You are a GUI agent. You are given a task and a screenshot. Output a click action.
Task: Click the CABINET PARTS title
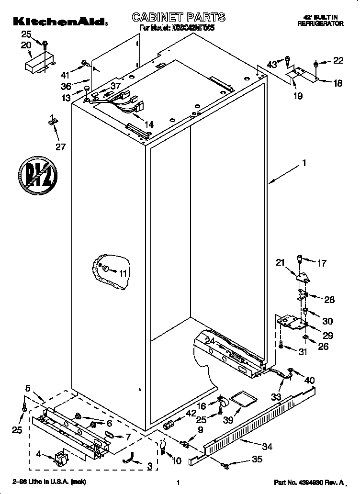(x=179, y=17)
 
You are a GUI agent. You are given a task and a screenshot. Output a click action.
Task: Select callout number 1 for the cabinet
(x=303, y=163)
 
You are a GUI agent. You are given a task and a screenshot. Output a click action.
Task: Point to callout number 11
(x=124, y=273)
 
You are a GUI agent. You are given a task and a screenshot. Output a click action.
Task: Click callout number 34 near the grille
(x=267, y=447)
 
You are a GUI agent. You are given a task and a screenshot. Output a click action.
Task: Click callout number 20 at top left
(x=26, y=45)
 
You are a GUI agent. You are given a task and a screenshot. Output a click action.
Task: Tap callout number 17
(x=322, y=263)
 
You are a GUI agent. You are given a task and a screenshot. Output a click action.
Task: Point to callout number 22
(x=338, y=60)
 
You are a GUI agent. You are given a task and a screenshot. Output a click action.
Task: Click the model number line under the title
(x=177, y=28)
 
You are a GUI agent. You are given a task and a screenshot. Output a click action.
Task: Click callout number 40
(x=310, y=380)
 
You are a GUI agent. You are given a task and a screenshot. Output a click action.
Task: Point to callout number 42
(x=191, y=413)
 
